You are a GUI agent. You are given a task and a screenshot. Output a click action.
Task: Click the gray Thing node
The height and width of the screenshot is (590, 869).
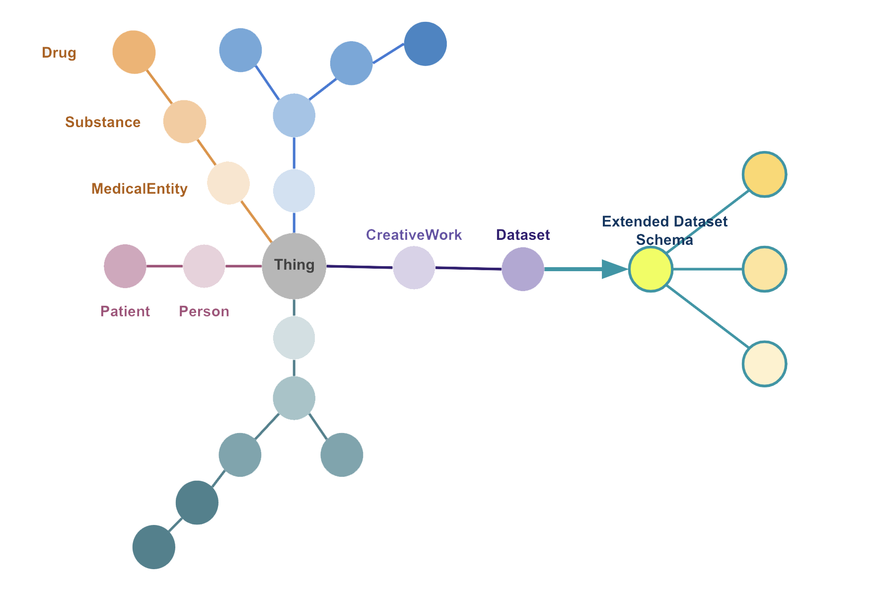(x=294, y=266)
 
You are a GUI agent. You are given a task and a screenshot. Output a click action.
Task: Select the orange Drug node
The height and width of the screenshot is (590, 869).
(x=134, y=52)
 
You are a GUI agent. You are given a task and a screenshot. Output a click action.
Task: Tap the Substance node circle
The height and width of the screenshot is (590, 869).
(x=185, y=122)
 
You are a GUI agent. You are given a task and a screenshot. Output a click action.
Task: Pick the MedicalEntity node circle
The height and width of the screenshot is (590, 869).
(x=228, y=183)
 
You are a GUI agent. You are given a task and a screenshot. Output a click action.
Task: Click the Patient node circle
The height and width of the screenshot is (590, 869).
(x=125, y=266)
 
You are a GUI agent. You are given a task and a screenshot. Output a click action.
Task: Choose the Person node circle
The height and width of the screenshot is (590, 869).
(x=204, y=266)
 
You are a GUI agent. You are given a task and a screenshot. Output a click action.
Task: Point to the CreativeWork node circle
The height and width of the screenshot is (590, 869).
(x=414, y=268)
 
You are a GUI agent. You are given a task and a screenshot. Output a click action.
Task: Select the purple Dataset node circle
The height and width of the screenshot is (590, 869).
(x=523, y=269)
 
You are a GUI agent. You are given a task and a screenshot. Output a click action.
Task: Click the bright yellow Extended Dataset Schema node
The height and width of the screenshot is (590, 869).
(x=651, y=269)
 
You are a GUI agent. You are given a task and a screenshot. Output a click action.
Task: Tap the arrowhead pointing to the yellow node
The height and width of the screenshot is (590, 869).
(x=614, y=269)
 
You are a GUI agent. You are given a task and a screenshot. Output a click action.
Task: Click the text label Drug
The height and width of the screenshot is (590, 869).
(x=59, y=53)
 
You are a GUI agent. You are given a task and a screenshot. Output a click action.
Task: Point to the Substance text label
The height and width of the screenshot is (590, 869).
(x=103, y=122)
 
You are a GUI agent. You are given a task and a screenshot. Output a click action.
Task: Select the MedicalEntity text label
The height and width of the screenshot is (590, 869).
(x=140, y=189)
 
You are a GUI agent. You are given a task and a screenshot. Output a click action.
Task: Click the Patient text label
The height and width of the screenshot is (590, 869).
(x=125, y=311)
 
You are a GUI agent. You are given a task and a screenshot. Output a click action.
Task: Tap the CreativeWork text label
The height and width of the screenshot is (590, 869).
(x=414, y=235)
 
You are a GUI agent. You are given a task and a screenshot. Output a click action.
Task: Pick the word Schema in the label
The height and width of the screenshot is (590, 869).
(x=664, y=240)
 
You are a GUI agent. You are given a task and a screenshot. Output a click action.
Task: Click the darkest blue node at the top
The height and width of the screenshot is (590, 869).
(x=426, y=44)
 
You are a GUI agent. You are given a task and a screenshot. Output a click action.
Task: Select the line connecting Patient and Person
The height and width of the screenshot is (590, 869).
(x=165, y=266)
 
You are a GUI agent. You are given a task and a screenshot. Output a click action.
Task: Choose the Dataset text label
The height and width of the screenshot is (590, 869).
(x=523, y=235)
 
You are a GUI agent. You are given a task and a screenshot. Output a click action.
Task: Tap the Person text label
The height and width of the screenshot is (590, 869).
(x=204, y=311)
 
